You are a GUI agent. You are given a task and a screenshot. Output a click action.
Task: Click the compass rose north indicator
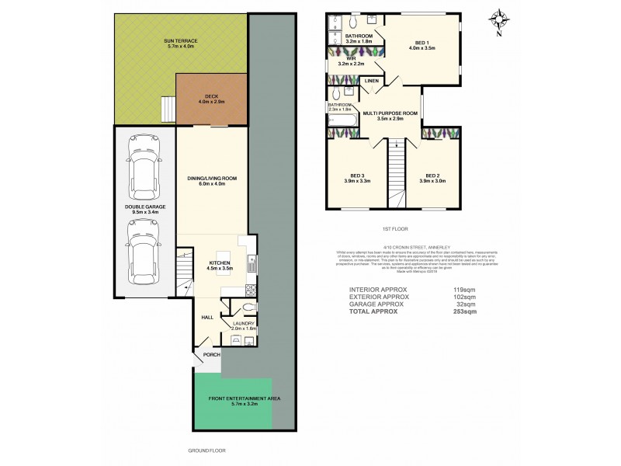pyautogui.click(x=500, y=22)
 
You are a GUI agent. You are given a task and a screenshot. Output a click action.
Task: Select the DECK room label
pyautogui.click(x=211, y=98)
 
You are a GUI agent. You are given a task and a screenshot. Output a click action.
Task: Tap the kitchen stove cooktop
pyautogui.click(x=251, y=291)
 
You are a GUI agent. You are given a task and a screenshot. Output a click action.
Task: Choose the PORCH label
pyautogui.click(x=211, y=354)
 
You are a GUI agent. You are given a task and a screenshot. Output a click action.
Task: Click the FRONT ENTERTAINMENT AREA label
pyautogui.click(x=233, y=399)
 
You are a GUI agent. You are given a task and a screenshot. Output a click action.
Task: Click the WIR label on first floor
pyautogui.click(x=352, y=57)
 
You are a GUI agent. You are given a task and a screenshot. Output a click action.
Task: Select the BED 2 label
pyautogui.click(x=432, y=178)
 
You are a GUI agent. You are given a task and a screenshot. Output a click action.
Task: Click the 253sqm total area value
pyautogui.click(x=465, y=311)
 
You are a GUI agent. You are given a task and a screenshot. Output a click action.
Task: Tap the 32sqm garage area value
pyautogui.click(x=464, y=303)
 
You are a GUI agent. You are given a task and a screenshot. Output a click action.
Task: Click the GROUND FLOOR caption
pyautogui.click(x=206, y=450)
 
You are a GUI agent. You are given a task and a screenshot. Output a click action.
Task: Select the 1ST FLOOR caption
pyautogui.click(x=394, y=229)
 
